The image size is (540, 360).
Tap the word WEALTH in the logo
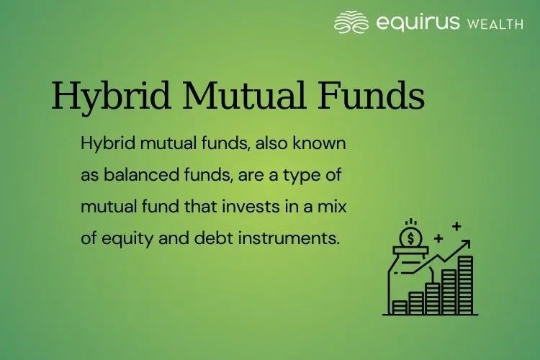point(495,24)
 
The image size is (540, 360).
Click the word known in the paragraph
point(325,143)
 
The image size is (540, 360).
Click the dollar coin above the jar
point(410,235)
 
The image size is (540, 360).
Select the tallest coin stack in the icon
point(466,284)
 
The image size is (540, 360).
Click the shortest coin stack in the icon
point(400,307)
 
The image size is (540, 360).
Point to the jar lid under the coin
point(410,251)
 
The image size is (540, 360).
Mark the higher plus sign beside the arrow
point(456,225)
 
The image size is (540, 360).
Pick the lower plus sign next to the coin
point(438,237)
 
